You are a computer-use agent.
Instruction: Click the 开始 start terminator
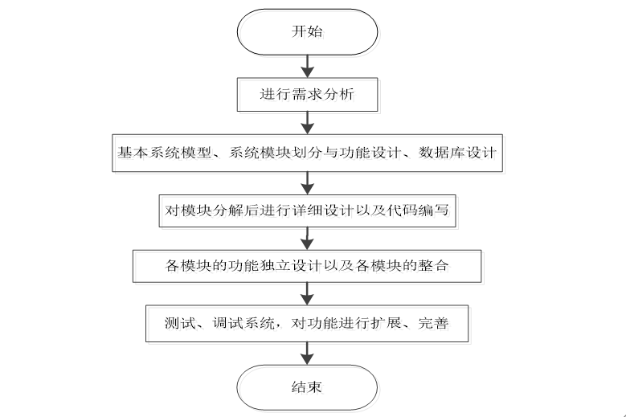coord(306,31)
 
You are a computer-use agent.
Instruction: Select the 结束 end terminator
coord(306,386)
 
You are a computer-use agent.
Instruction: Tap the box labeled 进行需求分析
coord(306,94)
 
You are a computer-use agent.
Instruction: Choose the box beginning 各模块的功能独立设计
coord(306,265)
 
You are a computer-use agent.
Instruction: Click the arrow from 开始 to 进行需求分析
coord(306,64)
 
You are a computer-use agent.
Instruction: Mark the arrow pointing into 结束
coord(306,352)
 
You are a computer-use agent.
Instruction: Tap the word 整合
coord(436,265)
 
